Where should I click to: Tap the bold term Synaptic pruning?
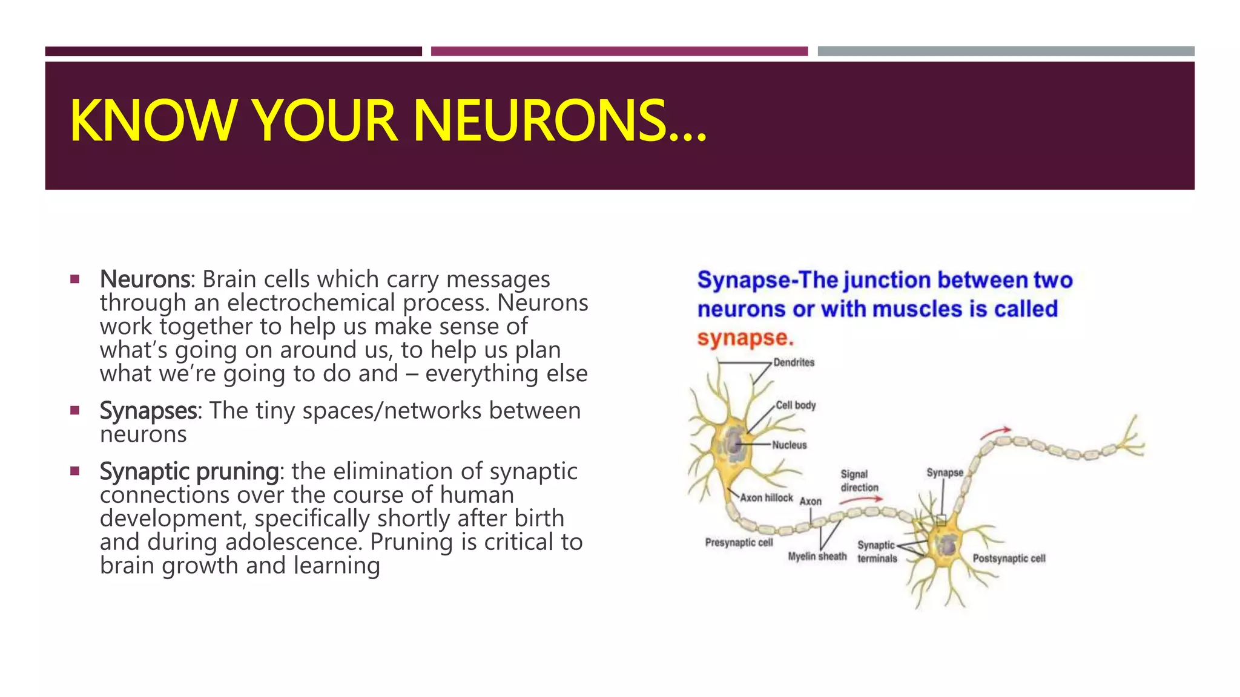tap(189, 471)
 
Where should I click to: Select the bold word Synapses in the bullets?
tap(148, 411)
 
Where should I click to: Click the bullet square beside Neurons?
tap(74, 280)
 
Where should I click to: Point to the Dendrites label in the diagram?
tap(794, 362)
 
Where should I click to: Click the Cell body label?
tap(796, 405)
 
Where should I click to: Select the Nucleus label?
tap(790, 445)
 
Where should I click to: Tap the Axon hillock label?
tap(767, 498)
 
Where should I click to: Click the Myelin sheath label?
tap(817, 557)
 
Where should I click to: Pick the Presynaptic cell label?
tap(739, 543)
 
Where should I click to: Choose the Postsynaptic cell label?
tap(1009, 558)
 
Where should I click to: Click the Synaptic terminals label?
tap(877, 552)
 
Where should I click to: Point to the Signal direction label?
tap(859, 481)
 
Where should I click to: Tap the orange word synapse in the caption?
tap(745, 338)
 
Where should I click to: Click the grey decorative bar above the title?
tap(1006, 51)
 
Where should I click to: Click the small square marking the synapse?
tap(941, 520)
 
